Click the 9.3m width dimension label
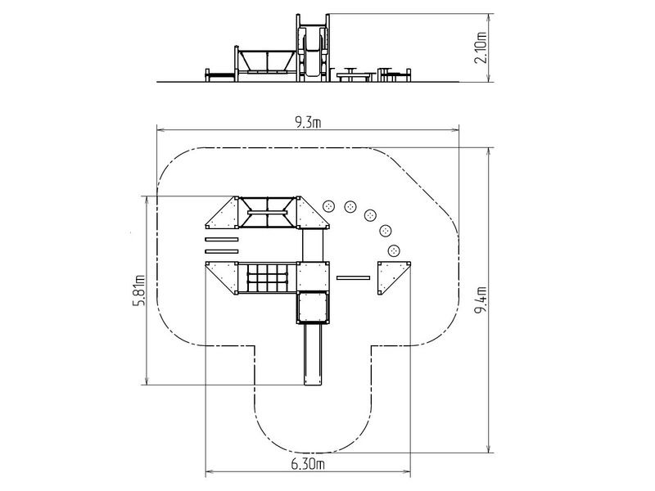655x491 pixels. [308, 124]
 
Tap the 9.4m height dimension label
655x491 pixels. [481, 300]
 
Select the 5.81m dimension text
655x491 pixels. [139, 291]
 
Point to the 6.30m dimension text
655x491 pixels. [308, 464]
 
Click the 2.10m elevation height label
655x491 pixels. [481, 47]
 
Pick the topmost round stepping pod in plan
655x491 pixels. [330, 205]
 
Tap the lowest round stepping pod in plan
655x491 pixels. [394, 250]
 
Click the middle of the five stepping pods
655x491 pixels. [370, 215]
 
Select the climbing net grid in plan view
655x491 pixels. [268, 278]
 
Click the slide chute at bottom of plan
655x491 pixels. [314, 354]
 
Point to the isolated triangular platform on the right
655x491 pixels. [394, 277]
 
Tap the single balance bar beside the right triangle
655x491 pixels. [354, 277]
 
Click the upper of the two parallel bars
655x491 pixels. [221, 239]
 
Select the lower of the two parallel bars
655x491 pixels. [221, 251]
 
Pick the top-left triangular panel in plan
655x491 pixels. [222, 213]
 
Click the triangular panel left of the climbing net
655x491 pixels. [222, 277]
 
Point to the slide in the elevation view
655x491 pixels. [313, 52]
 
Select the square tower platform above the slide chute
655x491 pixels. [313, 308]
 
